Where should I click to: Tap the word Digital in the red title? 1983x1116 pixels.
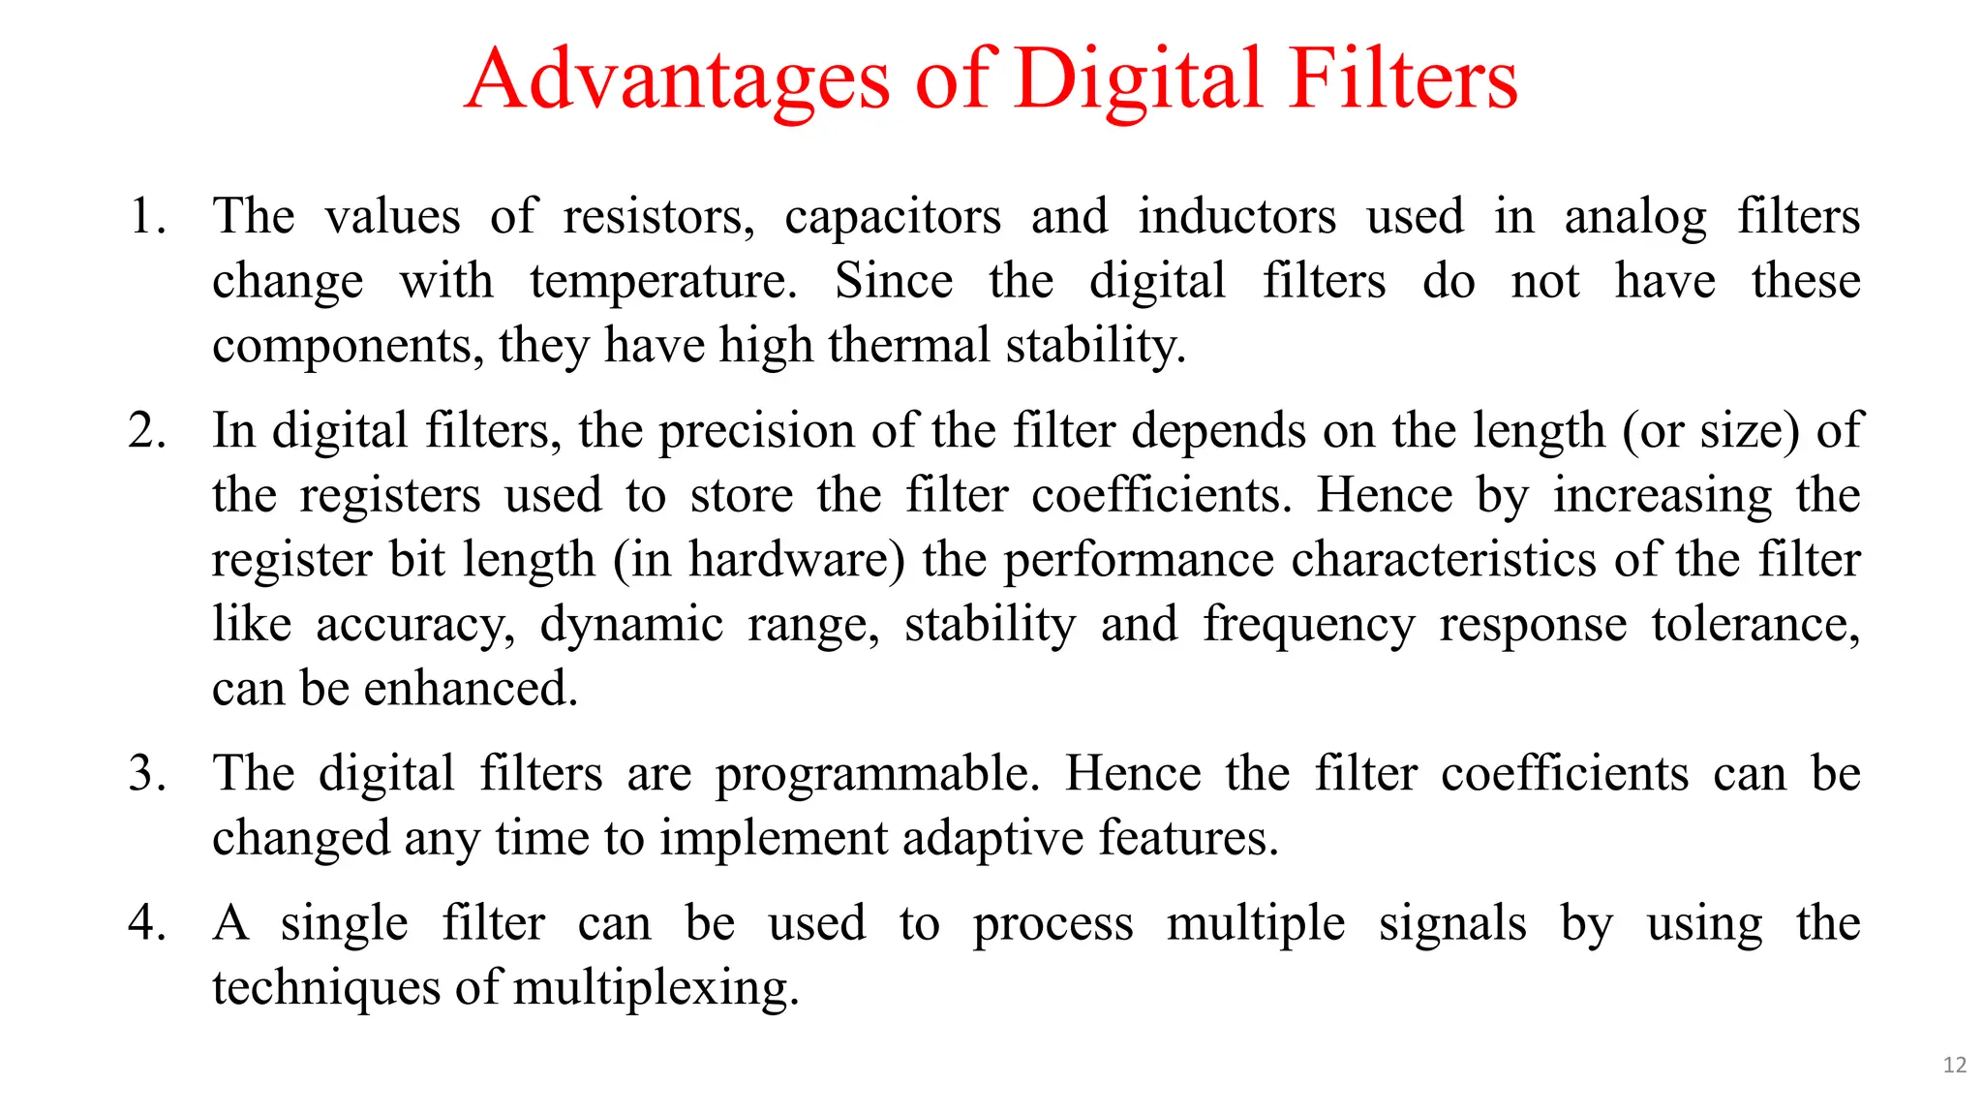click(1140, 79)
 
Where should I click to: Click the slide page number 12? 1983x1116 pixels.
click(1954, 1066)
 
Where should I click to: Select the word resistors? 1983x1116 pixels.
click(657, 216)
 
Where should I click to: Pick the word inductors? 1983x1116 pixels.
click(1236, 216)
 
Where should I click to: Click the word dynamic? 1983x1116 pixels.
click(630, 626)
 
